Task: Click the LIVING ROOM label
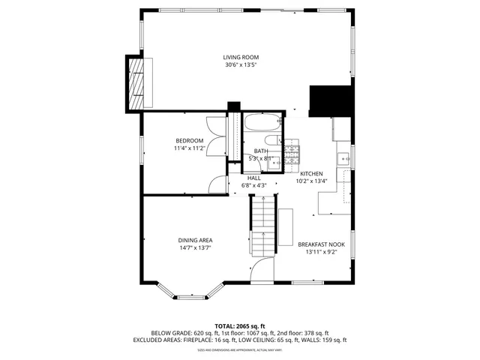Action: pos(241,57)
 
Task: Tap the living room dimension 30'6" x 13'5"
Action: pos(241,65)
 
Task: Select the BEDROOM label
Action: pos(190,140)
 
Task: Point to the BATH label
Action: pos(260,151)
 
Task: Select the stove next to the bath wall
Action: pos(292,154)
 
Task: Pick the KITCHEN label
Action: pos(311,173)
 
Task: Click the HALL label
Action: pos(253,178)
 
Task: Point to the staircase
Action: pos(262,225)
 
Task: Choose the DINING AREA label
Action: pos(194,240)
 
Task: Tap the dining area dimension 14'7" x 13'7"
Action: pos(194,248)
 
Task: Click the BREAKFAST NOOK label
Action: pos(321,244)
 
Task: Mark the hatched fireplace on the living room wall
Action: pos(136,82)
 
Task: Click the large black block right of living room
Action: pos(331,100)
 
